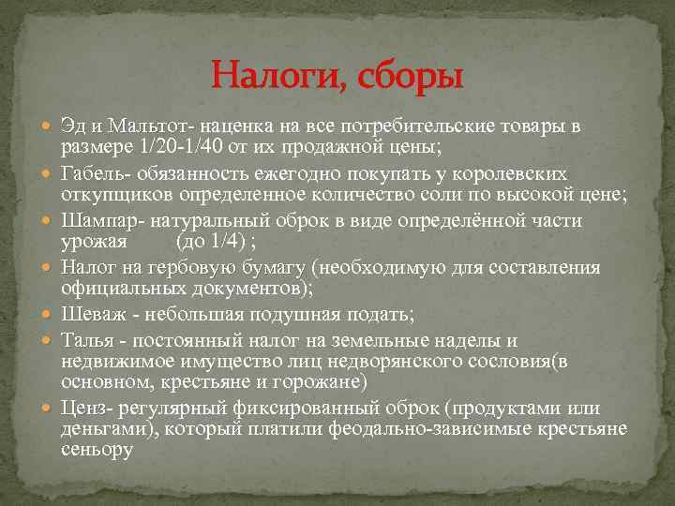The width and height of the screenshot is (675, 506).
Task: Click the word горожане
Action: [x=324, y=383]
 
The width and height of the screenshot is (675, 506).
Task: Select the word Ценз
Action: [x=82, y=409]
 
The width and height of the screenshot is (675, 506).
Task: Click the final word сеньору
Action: [x=97, y=452]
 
